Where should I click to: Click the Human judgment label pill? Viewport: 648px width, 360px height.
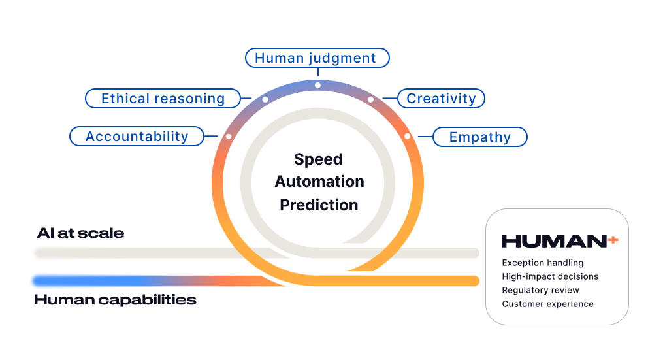pos(317,58)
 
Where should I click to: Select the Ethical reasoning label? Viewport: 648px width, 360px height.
pos(163,99)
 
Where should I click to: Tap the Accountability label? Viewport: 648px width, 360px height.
pos(137,137)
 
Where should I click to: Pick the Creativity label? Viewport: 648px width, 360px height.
pos(441,99)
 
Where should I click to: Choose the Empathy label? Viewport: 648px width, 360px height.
pos(480,137)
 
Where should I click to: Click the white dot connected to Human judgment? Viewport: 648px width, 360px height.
pos(317,85)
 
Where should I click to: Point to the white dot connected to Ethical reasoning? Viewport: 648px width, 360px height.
pos(265,99)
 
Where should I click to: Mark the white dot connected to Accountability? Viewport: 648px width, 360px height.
pos(228,136)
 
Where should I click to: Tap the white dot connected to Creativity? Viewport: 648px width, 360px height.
pos(370,99)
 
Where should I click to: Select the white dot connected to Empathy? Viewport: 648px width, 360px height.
pos(407,136)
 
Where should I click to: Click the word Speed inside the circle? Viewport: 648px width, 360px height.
pos(318,159)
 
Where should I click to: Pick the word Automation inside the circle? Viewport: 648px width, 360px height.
pos(319,182)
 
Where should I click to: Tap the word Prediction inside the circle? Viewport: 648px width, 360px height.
pos(319,205)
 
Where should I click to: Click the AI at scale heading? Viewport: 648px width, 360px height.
pos(80,233)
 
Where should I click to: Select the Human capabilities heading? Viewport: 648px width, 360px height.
pos(115,301)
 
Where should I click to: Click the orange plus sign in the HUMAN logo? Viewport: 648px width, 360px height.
pos(613,240)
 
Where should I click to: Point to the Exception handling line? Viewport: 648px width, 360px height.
pos(542,263)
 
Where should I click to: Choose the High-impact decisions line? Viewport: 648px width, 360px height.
pos(550,276)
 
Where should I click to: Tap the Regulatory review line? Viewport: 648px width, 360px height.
pos(540,290)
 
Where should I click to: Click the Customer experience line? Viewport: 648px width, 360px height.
pos(547,304)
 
